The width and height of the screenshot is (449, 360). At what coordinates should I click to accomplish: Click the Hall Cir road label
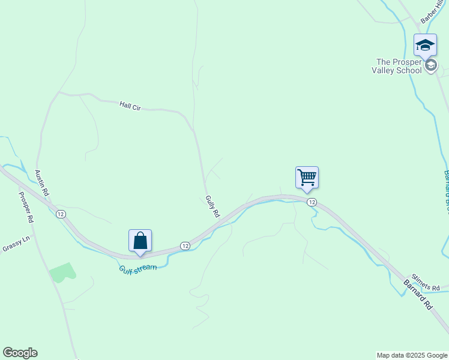130,106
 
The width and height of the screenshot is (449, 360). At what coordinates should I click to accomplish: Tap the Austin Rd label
41,182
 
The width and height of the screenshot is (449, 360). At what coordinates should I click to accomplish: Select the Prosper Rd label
26,207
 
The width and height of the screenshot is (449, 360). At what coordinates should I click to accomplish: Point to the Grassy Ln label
16,244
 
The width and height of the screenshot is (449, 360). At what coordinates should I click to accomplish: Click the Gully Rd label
212,206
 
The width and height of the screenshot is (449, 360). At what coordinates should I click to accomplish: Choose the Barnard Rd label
417,293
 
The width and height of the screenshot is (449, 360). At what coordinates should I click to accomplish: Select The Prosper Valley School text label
399,65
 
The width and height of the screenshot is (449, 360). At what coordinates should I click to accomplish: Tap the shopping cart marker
307,177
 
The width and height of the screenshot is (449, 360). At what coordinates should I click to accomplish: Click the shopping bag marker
140,241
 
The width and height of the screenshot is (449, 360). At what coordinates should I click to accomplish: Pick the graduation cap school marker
425,45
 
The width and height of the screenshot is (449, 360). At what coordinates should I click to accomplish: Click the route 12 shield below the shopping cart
311,202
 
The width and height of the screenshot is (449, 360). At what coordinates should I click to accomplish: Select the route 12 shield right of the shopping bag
185,246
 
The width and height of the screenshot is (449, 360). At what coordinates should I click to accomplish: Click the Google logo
20,353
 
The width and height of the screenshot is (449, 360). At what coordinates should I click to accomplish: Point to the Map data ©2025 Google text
412,355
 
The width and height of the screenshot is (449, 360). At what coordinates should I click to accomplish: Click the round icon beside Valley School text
431,65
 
